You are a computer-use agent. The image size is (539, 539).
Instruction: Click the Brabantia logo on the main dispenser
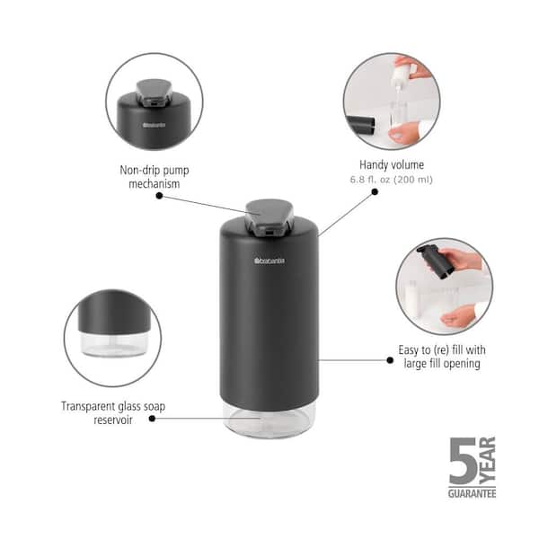click(269, 261)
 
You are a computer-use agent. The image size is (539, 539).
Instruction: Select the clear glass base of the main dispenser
click(269, 418)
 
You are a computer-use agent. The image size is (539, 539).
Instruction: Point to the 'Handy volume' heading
click(391, 165)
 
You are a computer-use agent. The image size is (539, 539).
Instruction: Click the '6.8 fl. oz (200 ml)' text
click(391, 180)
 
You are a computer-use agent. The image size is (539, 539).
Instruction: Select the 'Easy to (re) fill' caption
click(442, 357)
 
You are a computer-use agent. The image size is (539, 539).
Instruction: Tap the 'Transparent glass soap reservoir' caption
click(113, 412)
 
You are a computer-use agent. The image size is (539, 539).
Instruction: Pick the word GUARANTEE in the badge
click(472, 492)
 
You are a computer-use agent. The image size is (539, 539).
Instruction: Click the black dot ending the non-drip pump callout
click(160, 195)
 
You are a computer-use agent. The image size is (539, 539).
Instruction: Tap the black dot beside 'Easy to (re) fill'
click(390, 359)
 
